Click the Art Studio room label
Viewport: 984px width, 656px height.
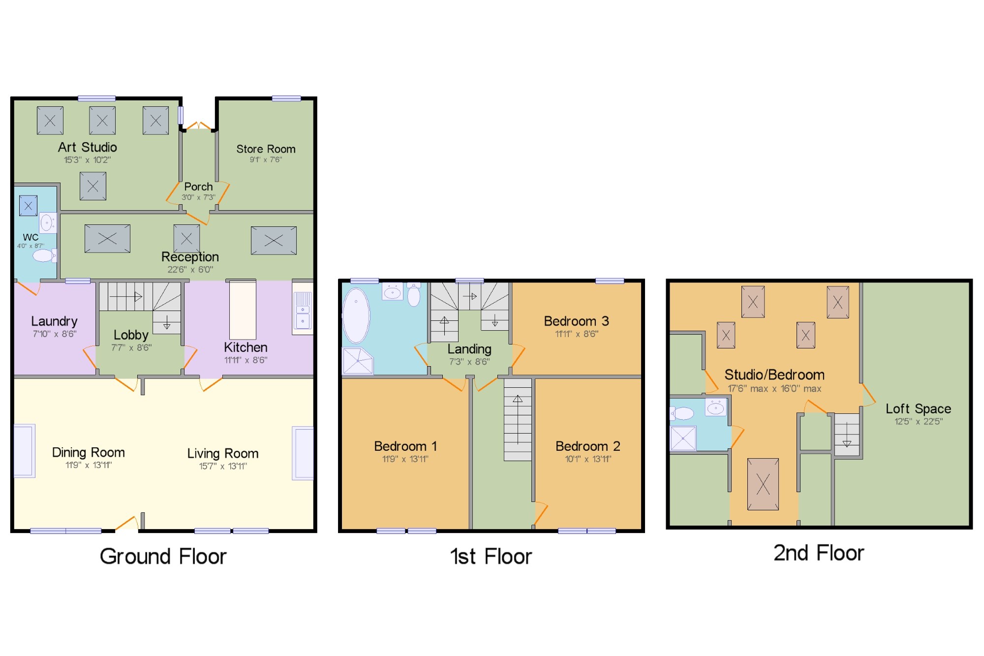pyautogui.click(x=88, y=147)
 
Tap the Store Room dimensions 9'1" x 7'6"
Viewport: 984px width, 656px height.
pyautogui.click(x=266, y=159)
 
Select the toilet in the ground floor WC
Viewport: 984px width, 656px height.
pyautogui.click(x=44, y=255)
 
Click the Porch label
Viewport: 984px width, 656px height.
pyautogui.click(x=198, y=187)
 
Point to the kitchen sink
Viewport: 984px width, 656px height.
pyautogui.click(x=303, y=310)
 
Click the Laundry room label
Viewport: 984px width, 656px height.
pyautogui.click(x=54, y=321)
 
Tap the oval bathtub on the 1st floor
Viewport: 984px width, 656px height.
pyautogui.click(x=356, y=315)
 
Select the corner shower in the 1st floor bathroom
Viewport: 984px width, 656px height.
pyautogui.click(x=358, y=361)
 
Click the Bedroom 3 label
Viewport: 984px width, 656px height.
pyautogui.click(x=576, y=321)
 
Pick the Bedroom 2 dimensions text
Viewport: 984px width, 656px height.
pyautogui.click(x=588, y=459)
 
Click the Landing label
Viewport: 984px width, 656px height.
pyautogui.click(x=469, y=349)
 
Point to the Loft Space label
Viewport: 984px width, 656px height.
pyautogui.click(x=918, y=409)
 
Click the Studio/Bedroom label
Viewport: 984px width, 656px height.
pyautogui.click(x=774, y=375)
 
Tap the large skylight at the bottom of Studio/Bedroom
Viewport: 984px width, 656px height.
pyautogui.click(x=763, y=484)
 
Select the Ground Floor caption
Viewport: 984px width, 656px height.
pyautogui.click(x=163, y=557)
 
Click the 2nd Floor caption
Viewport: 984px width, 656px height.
pyautogui.click(x=819, y=553)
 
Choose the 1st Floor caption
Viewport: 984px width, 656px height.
pyautogui.click(x=491, y=557)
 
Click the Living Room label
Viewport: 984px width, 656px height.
pyautogui.click(x=222, y=453)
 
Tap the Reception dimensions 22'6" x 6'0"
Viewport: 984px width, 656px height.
pyautogui.click(x=190, y=270)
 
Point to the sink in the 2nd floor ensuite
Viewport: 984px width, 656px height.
pyautogui.click(x=716, y=407)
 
